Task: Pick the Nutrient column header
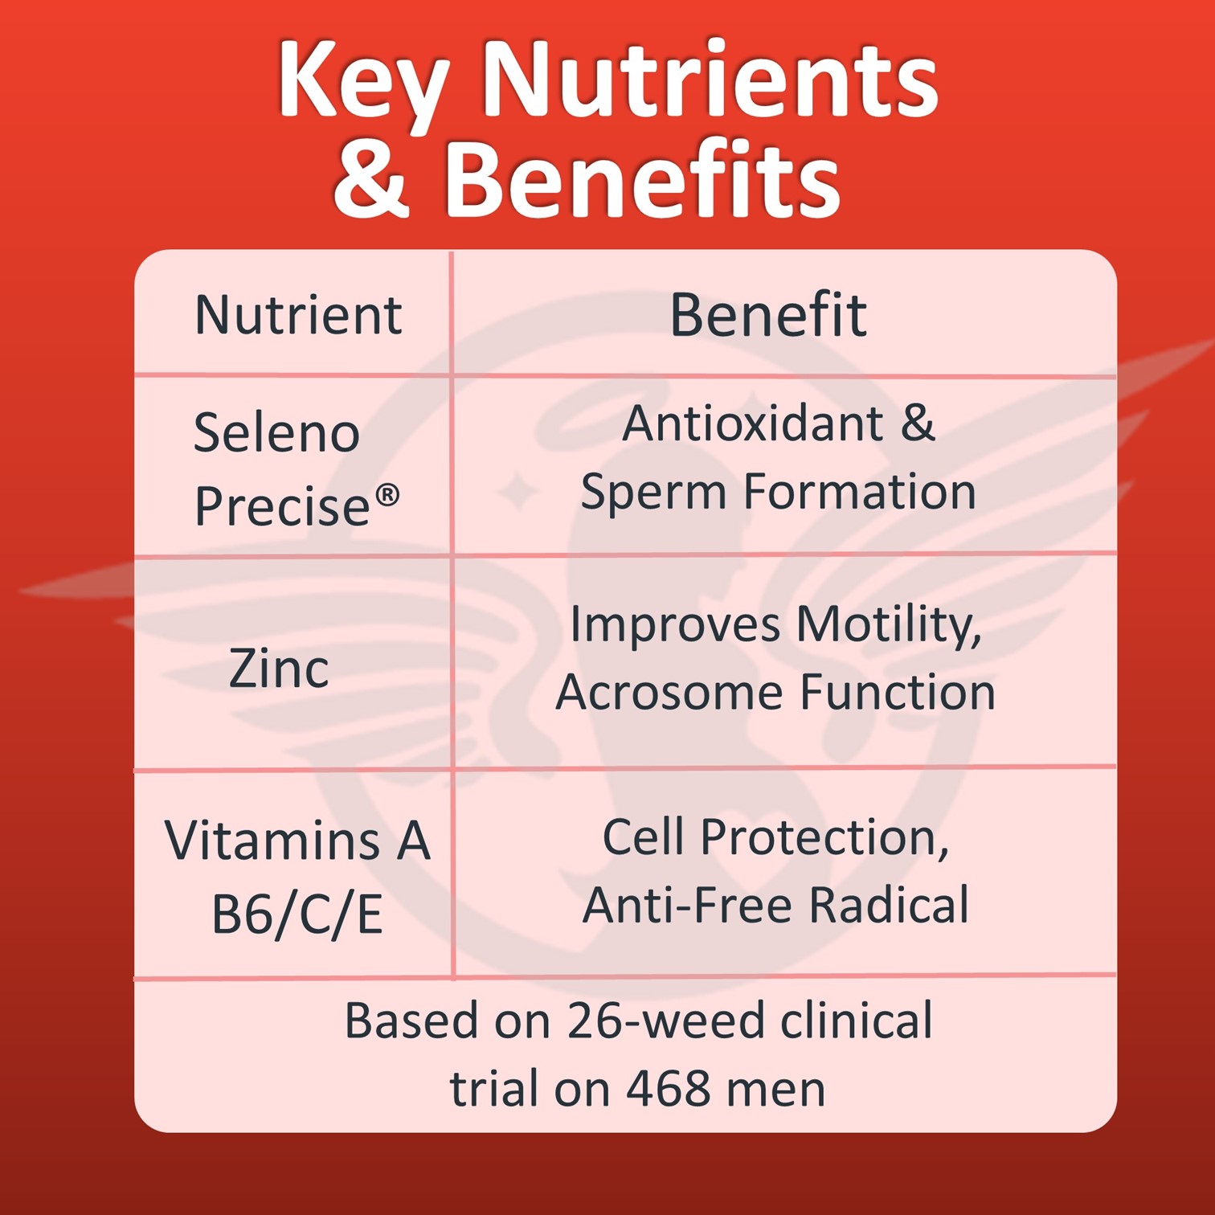(298, 314)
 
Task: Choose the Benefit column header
(768, 314)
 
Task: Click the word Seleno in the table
(276, 432)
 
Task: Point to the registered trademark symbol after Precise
(387, 495)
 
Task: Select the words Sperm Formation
(778, 492)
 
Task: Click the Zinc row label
(279, 668)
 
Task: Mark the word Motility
(889, 625)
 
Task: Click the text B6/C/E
(297, 915)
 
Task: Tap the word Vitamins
(272, 841)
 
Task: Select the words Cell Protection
(775, 838)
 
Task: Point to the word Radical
(888, 905)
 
